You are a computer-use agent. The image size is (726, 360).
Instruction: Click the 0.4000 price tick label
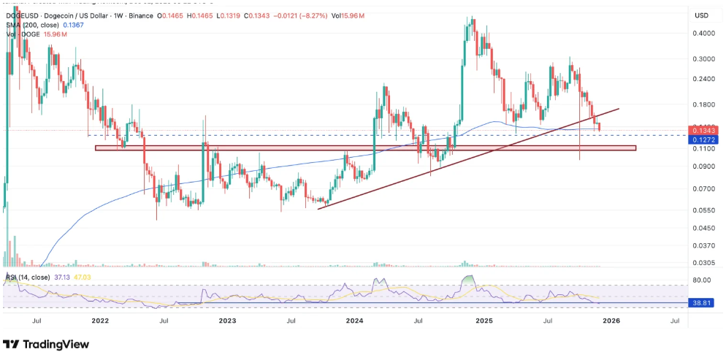click(x=703, y=33)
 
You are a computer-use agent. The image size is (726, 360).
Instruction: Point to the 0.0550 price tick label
click(x=703, y=210)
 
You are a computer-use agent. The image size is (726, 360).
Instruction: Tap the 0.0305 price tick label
click(x=703, y=263)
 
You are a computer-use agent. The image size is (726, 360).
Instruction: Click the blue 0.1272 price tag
click(x=703, y=139)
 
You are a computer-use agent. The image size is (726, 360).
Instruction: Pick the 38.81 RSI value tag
click(x=703, y=302)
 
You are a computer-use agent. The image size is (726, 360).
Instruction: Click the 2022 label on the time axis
click(x=100, y=320)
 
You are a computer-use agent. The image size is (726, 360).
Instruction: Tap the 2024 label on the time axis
click(x=355, y=320)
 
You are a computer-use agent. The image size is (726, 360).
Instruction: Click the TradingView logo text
click(x=54, y=344)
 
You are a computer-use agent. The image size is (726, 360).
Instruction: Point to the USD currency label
click(x=702, y=15)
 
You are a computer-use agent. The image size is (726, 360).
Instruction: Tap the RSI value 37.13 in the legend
click(x=56, y=277)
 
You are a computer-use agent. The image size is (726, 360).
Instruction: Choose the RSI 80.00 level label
click(x=703, y=280)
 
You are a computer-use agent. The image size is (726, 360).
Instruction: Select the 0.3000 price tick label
click(x=703, y=59)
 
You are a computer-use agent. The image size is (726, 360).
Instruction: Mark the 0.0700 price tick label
click(x=703, y=189)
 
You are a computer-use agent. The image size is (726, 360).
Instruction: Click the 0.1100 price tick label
click(x=703, y=148)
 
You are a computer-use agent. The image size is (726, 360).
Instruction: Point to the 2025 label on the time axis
click(x=483, y=320)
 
